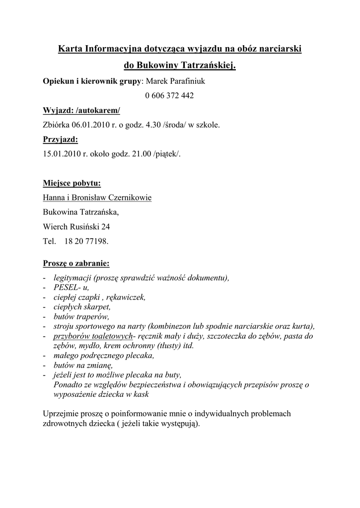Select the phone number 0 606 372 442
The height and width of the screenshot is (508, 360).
point(169,95)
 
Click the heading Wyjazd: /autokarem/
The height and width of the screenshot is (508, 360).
point(82,110)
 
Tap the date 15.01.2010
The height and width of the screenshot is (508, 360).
point(61,154)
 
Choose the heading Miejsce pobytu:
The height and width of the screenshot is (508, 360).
point(72,184)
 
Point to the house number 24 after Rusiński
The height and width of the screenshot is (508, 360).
point(106,227)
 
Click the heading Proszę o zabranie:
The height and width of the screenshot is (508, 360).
point(76,262)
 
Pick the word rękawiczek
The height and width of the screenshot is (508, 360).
point(126,297)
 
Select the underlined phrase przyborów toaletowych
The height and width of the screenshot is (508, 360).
point(94,336)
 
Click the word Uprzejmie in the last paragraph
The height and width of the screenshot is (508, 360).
point(61,413)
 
